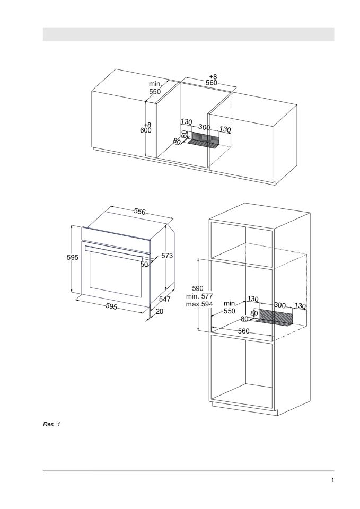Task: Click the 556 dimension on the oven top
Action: coord(139,212)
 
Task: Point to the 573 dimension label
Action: coord(167,256)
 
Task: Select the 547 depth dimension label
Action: coord(165,300)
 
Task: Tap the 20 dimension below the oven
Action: coord(160,312)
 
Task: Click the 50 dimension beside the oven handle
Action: coord(144,264)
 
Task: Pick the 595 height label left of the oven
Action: coord(73,257)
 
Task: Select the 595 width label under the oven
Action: coord(111,306)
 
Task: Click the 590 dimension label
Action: coord(198,288)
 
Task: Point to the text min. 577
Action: coord(199,296)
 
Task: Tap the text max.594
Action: coord(199,304)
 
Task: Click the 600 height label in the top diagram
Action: coord(146,130)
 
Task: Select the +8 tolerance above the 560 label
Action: coord(212,76)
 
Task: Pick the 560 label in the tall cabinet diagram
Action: coord(243,331)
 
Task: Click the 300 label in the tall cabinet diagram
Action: coord(280,306)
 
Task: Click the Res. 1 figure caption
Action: coord(51,424)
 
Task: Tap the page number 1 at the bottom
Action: coord(332,480)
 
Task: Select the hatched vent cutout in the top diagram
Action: coord(204,140)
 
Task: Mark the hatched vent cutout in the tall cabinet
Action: coord(276,318)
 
